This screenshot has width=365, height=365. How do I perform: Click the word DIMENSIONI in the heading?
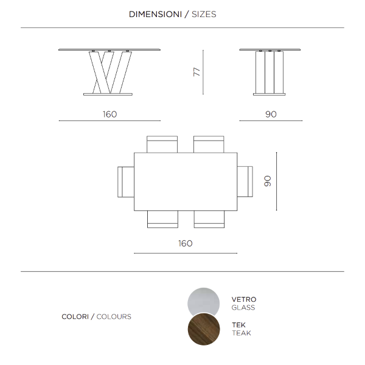[x=155, y=14]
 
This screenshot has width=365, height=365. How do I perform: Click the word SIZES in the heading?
[x=204, y=14]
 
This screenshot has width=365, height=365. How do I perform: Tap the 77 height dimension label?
[x=196, y=72]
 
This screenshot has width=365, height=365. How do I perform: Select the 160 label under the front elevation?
[x=109, y=114]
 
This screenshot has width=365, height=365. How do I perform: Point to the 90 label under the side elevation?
[x=271, y=114]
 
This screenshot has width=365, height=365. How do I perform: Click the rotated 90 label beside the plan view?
[x=267, y=181]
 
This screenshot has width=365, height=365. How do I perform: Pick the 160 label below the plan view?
[x=185, y=243]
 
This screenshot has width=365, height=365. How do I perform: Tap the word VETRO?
[x=243, y=299]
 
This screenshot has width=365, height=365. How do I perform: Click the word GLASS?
[x=243, y=308]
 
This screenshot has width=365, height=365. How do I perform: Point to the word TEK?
[x=238, y=325]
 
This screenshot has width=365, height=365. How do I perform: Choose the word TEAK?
[x=241, y=333]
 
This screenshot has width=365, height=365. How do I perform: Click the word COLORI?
[x=75, y=316]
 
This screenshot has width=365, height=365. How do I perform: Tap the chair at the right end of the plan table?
[x=245, y=181]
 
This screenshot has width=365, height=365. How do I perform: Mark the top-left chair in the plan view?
[x=162, y=144]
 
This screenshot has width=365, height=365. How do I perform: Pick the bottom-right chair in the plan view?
[x=209, y=219]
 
